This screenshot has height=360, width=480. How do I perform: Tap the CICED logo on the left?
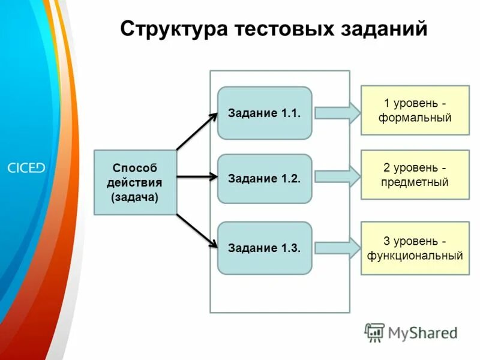point(26,167)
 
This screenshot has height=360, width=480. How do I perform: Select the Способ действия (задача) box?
point(135,182)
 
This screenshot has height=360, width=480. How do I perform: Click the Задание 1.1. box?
point(265,113)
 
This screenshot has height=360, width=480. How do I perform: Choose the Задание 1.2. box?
point(265,179)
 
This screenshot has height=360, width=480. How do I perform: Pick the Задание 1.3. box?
point(265,248)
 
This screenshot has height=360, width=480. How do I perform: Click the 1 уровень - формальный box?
point(415,110)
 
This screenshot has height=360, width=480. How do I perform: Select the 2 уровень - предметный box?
point(415,175)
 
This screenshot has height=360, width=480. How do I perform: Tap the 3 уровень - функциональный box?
point(415,248)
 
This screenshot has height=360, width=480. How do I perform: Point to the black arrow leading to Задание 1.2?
point(197,177)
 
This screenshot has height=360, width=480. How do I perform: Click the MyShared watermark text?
point(422,332)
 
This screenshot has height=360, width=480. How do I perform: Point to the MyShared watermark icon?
point(375,332)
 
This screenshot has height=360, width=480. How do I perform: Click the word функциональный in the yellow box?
point(415,256)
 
